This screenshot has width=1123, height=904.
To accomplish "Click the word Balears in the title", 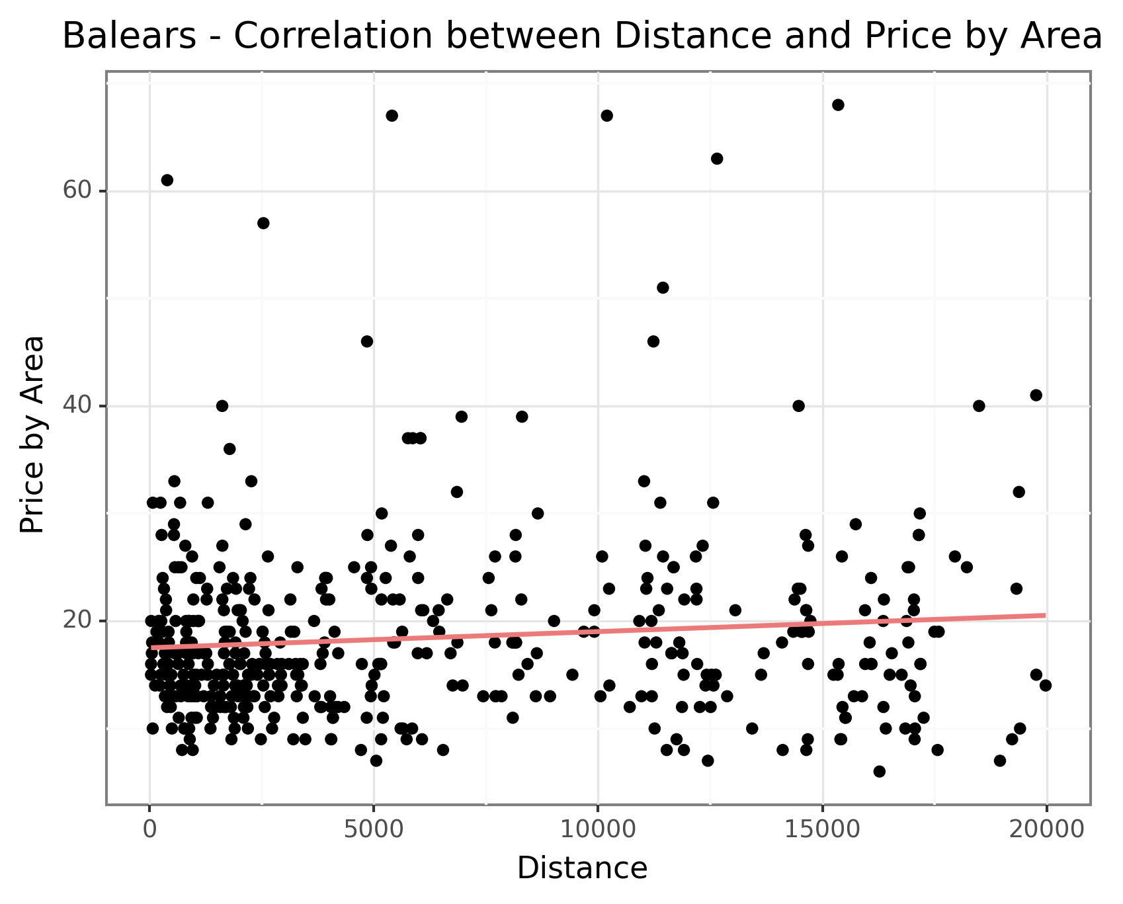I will click(129, 36).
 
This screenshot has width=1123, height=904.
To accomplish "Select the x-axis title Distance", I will click(582, 868).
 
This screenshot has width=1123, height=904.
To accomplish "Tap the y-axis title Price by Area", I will click(32, 434).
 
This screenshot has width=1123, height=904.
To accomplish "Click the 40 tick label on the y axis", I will click(76, 406).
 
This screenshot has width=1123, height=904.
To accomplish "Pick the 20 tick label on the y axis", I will click(76, 621).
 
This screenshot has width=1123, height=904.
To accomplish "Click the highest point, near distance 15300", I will click(838, 104).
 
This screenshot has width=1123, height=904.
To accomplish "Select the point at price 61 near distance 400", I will click(167, 180).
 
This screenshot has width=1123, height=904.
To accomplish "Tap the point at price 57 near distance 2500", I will click(263, 223).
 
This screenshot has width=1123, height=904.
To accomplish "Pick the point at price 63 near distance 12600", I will click(717, 159).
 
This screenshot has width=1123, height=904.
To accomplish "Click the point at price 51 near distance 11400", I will click(663, 288).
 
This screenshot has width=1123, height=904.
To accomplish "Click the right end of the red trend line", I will click(1045, 615).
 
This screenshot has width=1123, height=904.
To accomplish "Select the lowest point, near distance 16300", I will click(879, 771).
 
